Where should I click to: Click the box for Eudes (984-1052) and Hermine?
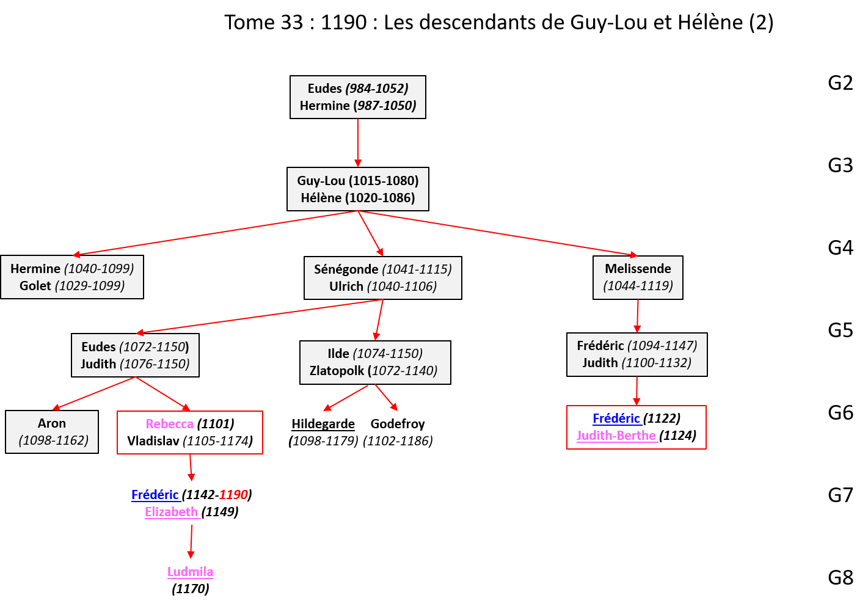point(357,97)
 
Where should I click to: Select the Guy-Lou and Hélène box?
point(357,189)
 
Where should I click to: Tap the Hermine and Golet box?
point(72,277)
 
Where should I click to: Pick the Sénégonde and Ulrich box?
point(382,278)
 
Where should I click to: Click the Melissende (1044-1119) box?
point(638,277)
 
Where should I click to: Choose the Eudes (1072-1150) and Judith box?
point(135,355)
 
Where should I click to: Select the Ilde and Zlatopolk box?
point(375,362)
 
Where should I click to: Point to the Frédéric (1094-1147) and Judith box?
point(636,354)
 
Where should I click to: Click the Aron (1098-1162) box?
point(52,432)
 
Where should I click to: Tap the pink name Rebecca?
point(169,424)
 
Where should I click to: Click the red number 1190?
point(233,495)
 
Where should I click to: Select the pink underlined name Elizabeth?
point(172,512)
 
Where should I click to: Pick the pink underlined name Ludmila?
point(191,572)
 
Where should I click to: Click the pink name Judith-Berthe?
point(616,436)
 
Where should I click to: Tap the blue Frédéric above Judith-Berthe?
point(616,418)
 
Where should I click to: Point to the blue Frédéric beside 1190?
point(155,495)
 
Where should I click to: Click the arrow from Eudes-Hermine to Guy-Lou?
point(358,143)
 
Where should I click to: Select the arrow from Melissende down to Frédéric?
point(637,316)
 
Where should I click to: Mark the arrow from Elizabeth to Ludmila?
point(191,541)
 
